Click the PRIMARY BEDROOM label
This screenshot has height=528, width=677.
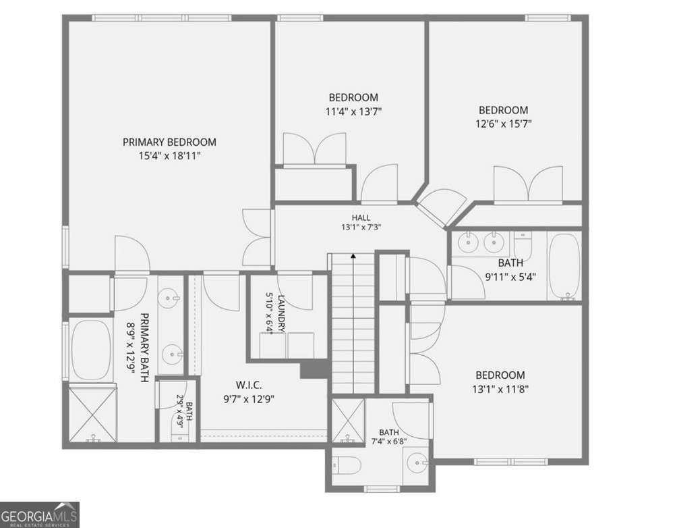click(169, 142)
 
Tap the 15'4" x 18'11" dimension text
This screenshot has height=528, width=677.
click(170, 156)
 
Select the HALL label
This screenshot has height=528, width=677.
click(361, 218)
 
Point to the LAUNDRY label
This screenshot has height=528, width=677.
click(281, 313)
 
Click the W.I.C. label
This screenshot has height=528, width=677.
click(249, 385)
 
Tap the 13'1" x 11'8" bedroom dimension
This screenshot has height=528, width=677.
click(500, 389)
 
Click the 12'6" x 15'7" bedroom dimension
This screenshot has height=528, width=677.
click(504, 124)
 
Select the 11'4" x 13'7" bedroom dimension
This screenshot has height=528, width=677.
click(353, 112)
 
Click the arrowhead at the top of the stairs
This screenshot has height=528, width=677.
click(353, 256)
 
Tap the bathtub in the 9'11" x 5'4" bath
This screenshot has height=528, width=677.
click(564, 266)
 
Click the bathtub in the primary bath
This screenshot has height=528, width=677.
click(90, 350)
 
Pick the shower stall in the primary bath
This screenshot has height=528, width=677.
click(93, 413)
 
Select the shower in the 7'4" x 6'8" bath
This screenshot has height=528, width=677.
click(348, 421)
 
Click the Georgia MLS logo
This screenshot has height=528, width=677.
click(40, 514)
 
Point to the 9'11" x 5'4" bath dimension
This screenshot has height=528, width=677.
click(510, 277)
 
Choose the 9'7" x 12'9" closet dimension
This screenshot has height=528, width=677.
click(249, 399)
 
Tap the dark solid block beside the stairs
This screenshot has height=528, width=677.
click(314, 370)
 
